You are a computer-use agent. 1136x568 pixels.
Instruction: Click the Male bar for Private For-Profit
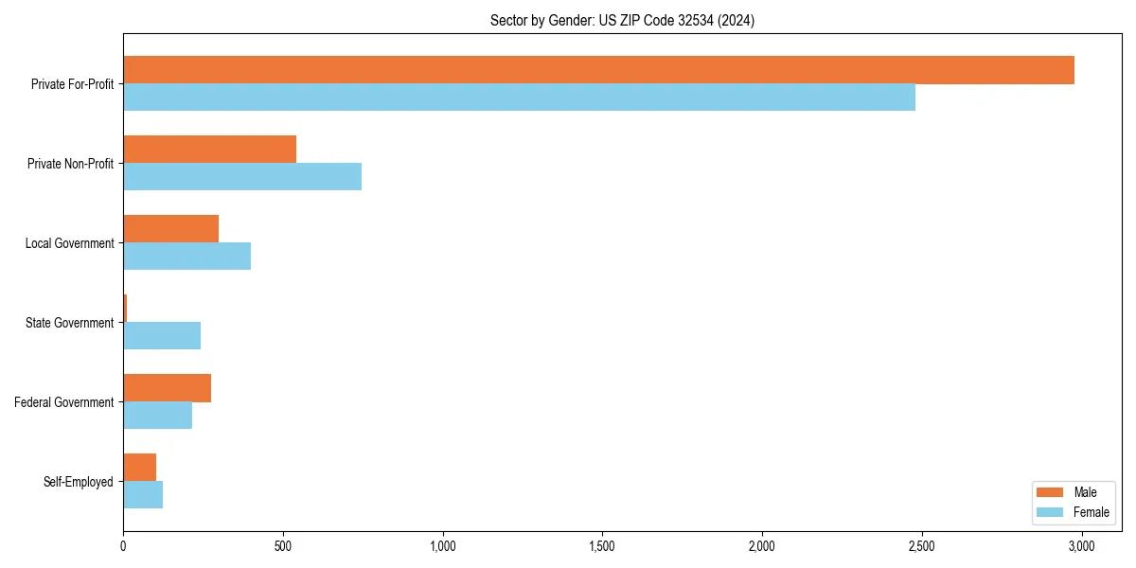click(598, 70)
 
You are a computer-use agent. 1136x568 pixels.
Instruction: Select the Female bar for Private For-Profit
click(519, 98)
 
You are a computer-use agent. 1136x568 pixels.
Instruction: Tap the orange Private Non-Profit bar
click(209, 150)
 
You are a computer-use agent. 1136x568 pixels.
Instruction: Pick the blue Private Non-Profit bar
click(242, 177)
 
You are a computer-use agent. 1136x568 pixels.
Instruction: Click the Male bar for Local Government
click(170, 229)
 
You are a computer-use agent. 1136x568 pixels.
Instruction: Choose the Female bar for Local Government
click(186, 257)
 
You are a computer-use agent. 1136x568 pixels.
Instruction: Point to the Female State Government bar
click(162, 336)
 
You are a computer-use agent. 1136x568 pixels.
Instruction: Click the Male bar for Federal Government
click(167, 388)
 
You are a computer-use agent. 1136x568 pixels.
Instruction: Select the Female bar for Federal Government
click(157, 416)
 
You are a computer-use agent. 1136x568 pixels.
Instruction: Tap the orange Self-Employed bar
click(139, 468)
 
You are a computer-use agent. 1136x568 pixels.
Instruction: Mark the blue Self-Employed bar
click(143, 495)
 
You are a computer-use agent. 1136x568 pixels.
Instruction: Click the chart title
click(622, 20)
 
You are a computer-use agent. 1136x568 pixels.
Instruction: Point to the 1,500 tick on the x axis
click(602, 546)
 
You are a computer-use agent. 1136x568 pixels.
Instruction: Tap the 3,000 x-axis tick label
click(1081, 546)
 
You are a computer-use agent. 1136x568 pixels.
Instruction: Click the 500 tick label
click(283, 546)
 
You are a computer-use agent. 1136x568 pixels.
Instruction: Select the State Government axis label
click(69, 323)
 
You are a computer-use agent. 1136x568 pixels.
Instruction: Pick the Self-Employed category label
click(78, 482)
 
